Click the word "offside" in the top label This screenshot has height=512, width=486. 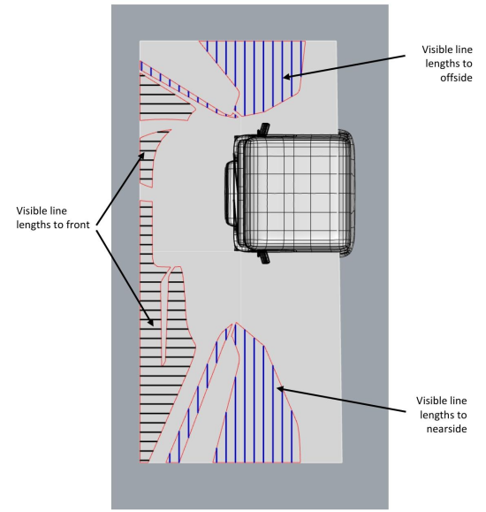(x=456, y=78)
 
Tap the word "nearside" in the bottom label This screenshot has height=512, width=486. (x=446, y=428)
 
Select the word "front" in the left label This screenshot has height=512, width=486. (x=78, y=225)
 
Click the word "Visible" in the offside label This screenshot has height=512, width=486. (x=435, y=50)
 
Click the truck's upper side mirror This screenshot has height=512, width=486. (x=263, y=129)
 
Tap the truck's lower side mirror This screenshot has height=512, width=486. (x=263, y=257)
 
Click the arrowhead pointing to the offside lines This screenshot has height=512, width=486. (x=286, y=77)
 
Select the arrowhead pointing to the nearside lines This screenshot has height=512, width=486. (x=280, y=388)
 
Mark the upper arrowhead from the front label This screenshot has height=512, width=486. (x=142, y=156)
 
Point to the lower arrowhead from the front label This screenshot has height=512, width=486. (x=151, y=323)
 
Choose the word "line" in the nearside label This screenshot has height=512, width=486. (x=459, y=401)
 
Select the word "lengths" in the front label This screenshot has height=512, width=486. (x=30, y=225)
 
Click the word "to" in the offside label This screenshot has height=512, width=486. (x=467, y=64)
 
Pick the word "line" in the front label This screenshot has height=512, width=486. (x=59, y=210)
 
